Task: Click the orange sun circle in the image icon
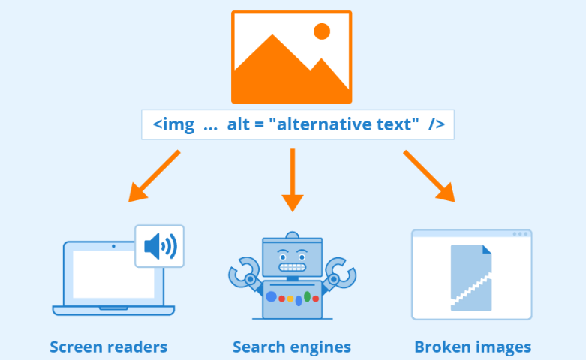coord(322,31)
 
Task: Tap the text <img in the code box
coord(173,124)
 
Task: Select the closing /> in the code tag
coord(436,124)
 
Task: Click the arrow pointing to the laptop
coord(154,176)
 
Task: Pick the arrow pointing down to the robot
coord(293,180)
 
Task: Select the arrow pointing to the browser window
coord(429,176)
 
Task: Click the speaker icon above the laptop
coord(160,246)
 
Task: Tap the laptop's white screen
coord(113,274)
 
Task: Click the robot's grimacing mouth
coord(293,265)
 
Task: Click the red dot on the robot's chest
coord(281,298)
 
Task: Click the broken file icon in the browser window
coord(472,277)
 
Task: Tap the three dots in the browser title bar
coord(519,234)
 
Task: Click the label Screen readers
coord(108,346)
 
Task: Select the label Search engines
coord(292,346)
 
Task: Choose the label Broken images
coord(473,346)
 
